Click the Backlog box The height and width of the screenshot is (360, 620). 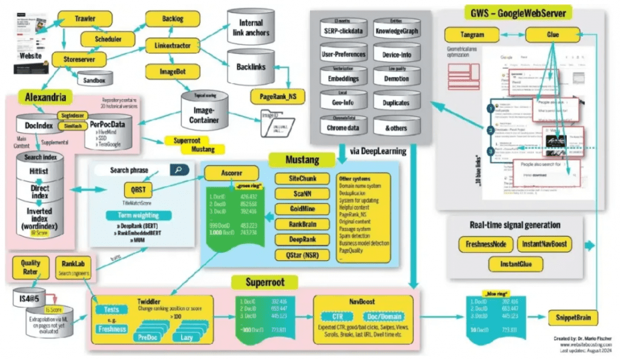tap(161, 19)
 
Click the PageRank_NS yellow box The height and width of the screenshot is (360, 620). tap(280, 96)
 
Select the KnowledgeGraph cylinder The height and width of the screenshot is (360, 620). tap(397, 30)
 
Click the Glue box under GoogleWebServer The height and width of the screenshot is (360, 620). tap(552, 35)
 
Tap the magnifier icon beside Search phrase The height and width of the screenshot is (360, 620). tap(178, 170)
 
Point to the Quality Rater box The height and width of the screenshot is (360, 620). tap(30, 267)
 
